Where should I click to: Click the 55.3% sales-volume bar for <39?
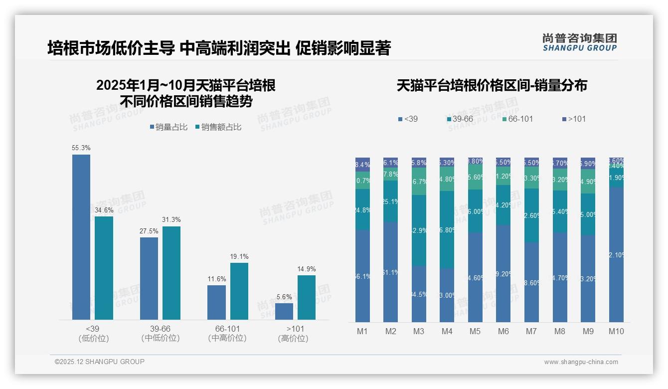tap(81, 237)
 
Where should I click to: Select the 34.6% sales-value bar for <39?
tap(104, 268)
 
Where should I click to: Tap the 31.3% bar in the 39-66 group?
tap(171, 273)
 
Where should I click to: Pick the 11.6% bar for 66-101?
tap(216, 302)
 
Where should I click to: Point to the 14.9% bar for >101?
tap(307, 297)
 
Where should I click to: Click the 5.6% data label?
tap(284, 297)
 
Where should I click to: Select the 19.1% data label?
tap(239, 256)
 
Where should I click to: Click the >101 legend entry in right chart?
tap(574, 119)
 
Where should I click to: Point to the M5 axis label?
tap(475, 331)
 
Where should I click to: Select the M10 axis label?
tap(616, 331)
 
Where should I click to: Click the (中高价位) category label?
tap(227, 338)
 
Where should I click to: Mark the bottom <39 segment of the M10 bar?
tap(616, 255)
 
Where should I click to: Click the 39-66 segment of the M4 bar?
tap(447, 230)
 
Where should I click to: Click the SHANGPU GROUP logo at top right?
tap(580, 42)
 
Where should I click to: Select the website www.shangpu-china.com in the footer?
tap(581, 362)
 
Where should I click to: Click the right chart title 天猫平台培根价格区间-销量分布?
tap(492, 86)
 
